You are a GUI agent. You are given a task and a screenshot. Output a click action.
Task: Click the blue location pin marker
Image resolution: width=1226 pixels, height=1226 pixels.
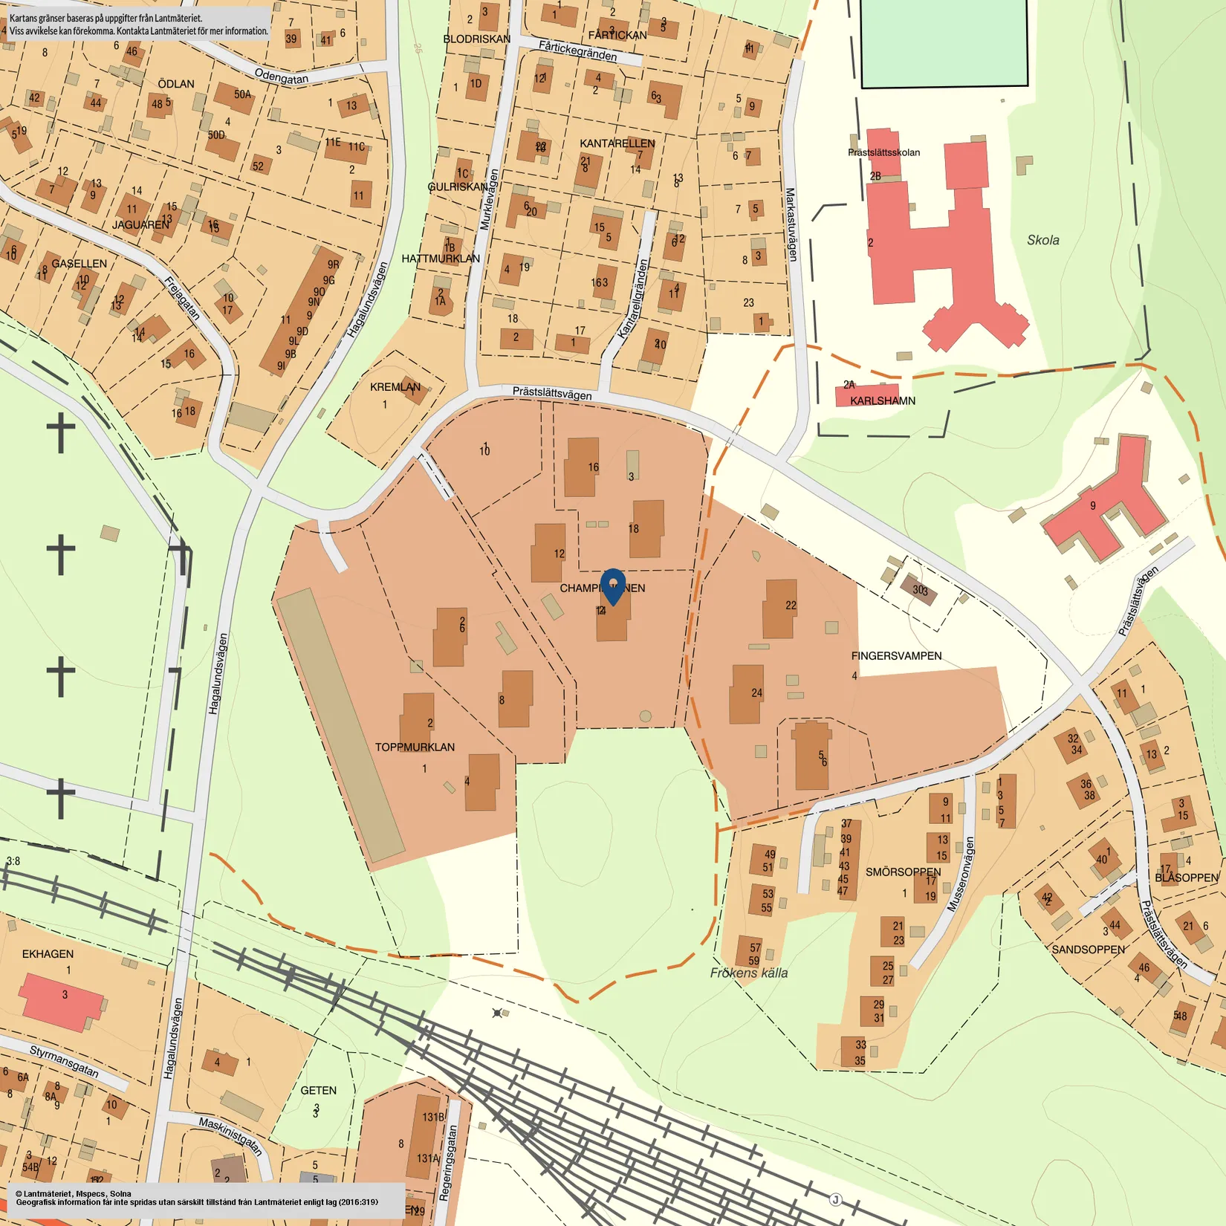coord(612,585)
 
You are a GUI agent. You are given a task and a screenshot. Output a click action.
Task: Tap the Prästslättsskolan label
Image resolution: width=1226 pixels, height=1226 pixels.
coord(883,152)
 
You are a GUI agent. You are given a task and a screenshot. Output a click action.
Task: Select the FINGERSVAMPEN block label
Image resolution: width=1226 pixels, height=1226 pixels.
coord(896,656)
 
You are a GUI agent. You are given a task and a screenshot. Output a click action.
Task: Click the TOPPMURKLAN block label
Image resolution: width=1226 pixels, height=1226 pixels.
coord(415,747)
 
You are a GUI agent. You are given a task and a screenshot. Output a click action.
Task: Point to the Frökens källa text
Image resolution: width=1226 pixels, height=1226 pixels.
coord(748,973)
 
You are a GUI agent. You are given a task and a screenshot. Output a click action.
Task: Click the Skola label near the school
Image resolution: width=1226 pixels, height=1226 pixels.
coord(1042,240)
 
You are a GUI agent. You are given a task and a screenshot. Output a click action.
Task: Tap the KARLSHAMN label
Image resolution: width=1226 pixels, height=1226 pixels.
coord(882,400)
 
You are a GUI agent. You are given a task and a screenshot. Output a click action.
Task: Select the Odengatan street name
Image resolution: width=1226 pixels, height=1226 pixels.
coord(281,76)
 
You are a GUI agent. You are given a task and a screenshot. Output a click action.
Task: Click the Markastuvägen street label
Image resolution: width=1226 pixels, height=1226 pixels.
coord(791,224)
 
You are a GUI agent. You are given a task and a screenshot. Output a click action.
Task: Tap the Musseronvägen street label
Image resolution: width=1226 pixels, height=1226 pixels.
coord(959,875)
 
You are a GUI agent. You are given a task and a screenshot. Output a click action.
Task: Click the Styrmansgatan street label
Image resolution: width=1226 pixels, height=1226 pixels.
coord(64,1060)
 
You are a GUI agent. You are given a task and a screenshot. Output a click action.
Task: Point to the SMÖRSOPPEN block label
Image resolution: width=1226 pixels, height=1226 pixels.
coord(903,872)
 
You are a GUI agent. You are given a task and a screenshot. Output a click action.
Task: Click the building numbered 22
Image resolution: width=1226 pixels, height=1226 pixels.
coord(779,609)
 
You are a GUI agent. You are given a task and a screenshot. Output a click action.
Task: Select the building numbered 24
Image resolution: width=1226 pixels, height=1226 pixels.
coord(745,695)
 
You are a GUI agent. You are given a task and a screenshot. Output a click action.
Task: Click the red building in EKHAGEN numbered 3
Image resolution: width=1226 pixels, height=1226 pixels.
coord(61,1001)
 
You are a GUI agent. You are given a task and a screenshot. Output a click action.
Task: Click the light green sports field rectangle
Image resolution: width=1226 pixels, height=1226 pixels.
coord(944,42)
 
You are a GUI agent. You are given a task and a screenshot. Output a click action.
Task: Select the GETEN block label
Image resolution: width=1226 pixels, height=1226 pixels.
coord(318,1090)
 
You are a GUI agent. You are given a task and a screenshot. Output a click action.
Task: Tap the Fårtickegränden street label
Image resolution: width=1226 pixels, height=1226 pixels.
coord(577,51)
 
